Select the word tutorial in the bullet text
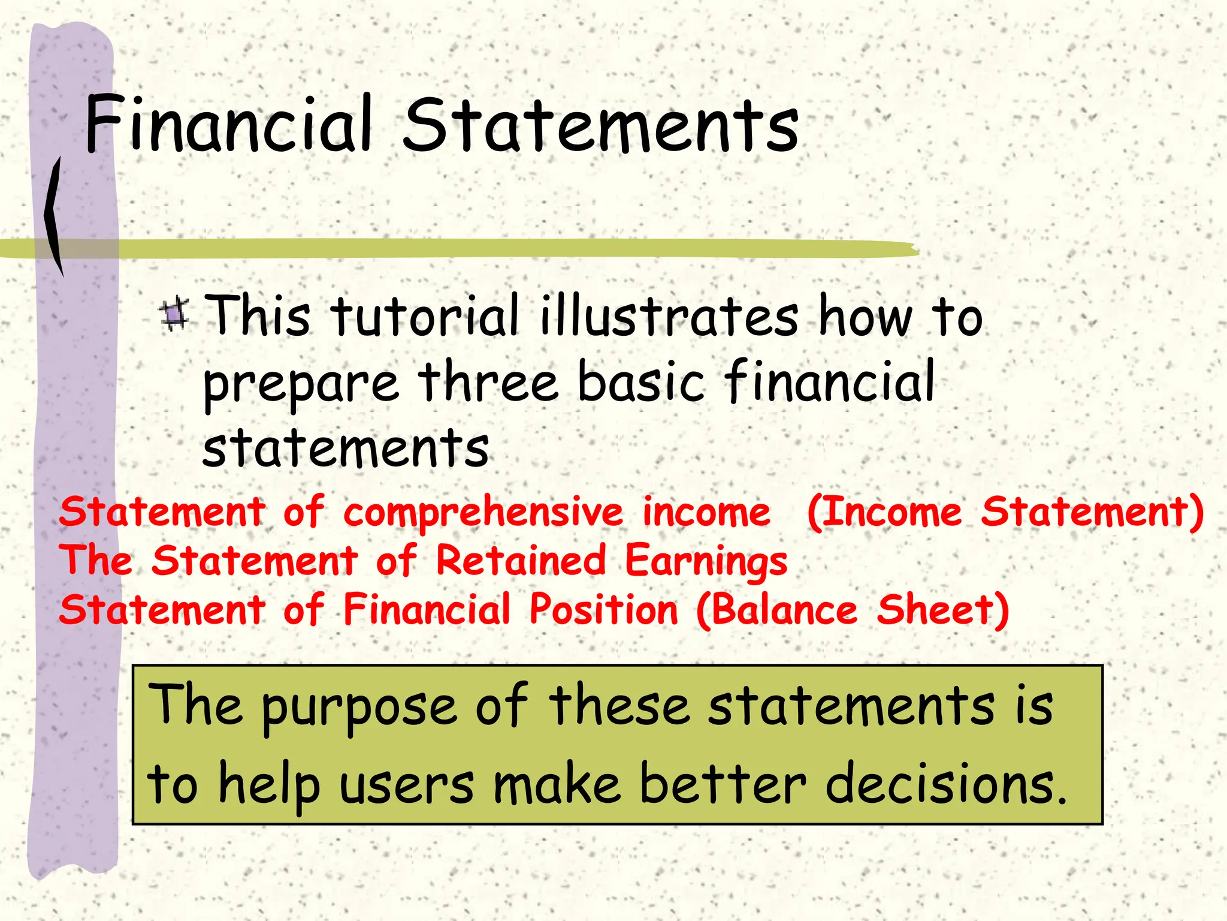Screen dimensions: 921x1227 pos(424,316)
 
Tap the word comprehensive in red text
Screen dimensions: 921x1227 pos(483,513)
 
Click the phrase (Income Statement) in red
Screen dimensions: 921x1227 pos(1005,513)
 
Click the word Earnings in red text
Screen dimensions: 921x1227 pos(706,562)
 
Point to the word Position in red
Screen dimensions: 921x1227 pos(603,610)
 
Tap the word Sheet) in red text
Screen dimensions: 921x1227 pos(943,610)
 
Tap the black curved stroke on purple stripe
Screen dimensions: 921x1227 pos(54,216)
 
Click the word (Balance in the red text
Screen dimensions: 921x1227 pos(776,610)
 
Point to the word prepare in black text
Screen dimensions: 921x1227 pos(301,384)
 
